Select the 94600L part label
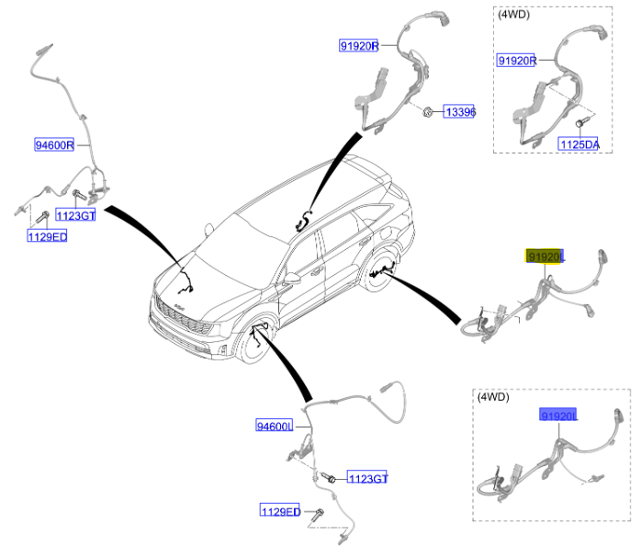pos(275,426)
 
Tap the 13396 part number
pos(459,112)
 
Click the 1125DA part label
pos(579,144)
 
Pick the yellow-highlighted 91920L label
pos(545,256)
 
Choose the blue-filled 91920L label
pos(558,416)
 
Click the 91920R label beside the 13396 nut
pos(358,47)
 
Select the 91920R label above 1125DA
pos(516,61)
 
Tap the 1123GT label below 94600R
pos(74,215)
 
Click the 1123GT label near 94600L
pos(366,478)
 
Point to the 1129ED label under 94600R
pos(46,236)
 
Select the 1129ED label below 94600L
pos(280,511)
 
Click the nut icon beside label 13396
pos(429,112)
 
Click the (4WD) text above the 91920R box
pos(515,16)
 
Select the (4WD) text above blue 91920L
pos(492,398)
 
